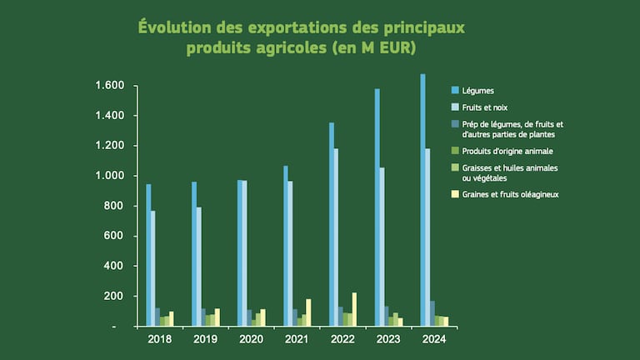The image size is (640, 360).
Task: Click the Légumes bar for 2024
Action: click(422, 200)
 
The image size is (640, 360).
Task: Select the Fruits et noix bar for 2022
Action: click(336, 237)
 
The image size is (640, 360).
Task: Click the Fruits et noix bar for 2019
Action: click(198, 267)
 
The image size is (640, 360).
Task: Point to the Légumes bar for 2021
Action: click(285, 246)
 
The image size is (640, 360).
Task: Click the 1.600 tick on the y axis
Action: click(110, 86)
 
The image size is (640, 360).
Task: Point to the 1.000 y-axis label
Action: click(110, 176)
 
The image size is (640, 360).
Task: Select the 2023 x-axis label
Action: click(389, 339)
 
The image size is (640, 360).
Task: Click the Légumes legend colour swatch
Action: click(455, 90)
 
